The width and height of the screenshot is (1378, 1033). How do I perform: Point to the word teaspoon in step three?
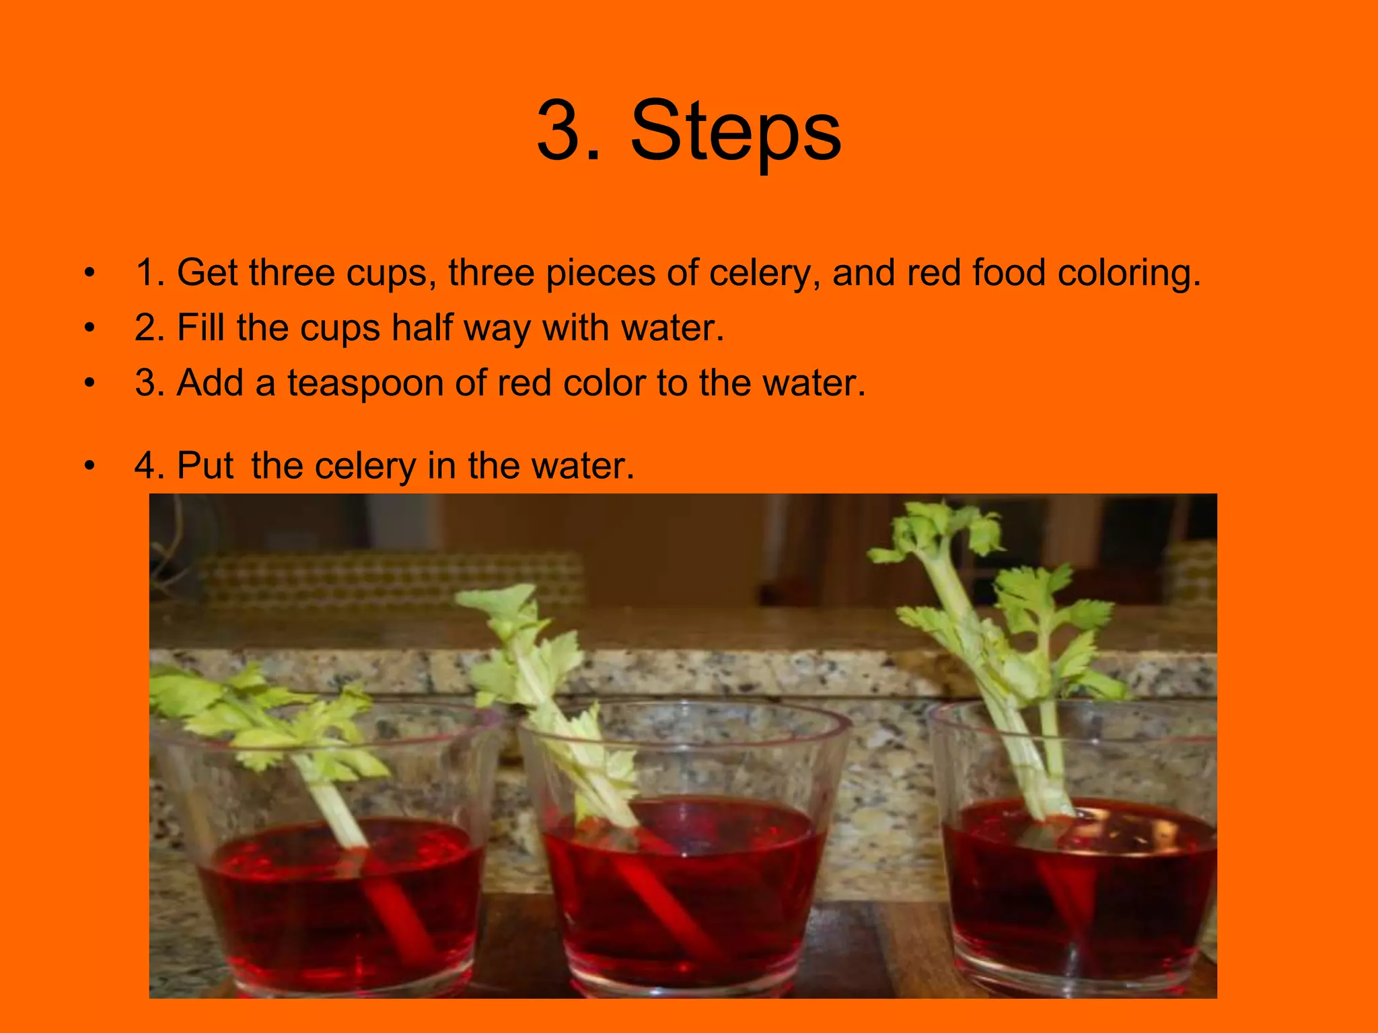tap(365, 383)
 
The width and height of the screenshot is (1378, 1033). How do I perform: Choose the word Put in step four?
tap(205, 465)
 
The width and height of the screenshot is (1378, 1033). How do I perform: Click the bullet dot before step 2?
tap(90, 328)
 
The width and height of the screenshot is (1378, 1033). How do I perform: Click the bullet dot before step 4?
tap(90, 465)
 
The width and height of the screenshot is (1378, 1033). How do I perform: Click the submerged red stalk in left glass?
tap(404, 921)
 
